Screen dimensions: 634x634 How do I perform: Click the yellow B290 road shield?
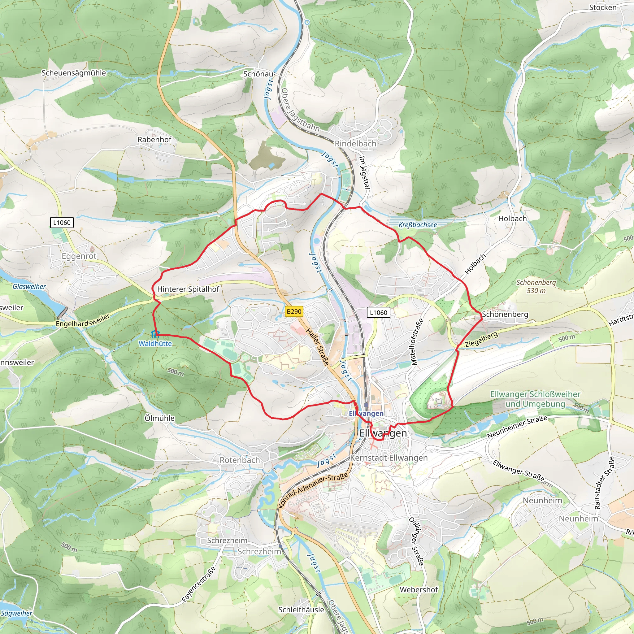[x=294, y=311]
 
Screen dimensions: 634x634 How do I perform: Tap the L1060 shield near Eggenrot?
[x=62, y=223]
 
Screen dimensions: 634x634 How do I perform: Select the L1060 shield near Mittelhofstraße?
[x=378, y=312]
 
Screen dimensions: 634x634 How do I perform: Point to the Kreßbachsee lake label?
[x=417, y=225]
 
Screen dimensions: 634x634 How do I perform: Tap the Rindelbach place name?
[x=355, y=144]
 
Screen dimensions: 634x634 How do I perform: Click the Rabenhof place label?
[x=154, y=140]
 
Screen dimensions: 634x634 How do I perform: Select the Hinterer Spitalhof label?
[x=188, y=289]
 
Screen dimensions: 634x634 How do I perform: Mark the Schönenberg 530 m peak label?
[x=536, y=286]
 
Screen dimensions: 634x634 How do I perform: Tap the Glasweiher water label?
[x=29, y=286]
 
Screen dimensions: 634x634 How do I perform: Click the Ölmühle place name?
[x=159, y=418]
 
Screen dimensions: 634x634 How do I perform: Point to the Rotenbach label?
[x=240, y=460]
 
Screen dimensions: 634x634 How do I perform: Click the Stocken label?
[x=602, y=7]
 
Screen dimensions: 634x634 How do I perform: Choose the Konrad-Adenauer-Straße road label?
[x=313, y=490]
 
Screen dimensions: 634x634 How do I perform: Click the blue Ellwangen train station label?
[x=366, y=414]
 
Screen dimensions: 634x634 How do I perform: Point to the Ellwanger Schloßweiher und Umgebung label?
[x=535, y=399]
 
